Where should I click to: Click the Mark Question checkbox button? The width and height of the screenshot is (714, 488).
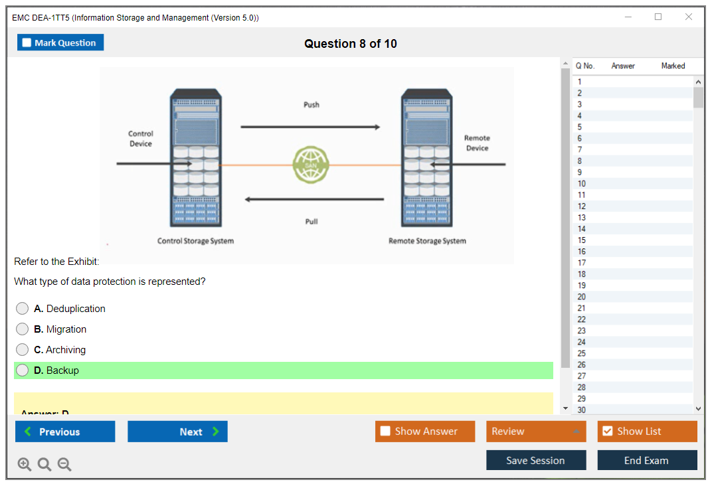60,42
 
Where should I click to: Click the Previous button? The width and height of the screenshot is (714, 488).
65,432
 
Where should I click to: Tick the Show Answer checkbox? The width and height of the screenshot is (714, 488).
385,432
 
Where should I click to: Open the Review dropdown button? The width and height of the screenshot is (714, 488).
536,432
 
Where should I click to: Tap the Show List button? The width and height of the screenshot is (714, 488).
647,432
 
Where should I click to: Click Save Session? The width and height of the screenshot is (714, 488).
535,460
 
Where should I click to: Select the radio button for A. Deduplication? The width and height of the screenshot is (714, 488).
23,309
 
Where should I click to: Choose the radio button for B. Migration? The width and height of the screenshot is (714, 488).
23,329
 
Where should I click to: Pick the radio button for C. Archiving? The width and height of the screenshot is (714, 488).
23,350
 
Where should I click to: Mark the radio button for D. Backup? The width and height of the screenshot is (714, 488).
23,370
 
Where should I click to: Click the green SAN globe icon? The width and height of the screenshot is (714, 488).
311,165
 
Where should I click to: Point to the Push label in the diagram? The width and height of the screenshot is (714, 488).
312,104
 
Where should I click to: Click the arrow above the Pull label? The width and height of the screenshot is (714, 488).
314,199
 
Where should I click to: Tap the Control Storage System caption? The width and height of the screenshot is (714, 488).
195,241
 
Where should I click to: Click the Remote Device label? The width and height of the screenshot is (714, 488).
477,143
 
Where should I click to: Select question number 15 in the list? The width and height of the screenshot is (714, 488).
582,240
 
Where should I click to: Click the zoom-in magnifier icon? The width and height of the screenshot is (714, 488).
25,465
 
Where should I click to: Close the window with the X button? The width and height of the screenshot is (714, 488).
689,17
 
